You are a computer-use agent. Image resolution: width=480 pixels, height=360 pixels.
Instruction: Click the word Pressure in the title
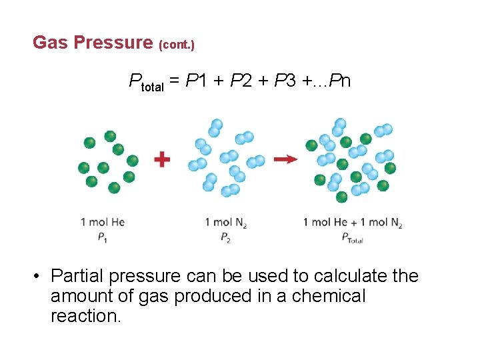(113, 43)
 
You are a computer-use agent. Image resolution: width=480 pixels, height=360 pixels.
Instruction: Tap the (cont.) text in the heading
(176, 45)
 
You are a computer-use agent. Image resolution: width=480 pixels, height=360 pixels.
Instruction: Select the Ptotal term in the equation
(146, 83)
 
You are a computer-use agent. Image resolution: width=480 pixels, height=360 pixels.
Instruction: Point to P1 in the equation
(195, 81)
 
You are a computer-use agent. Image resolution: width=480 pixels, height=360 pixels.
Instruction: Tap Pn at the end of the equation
(341, 81)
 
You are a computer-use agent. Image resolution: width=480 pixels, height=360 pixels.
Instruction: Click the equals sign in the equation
(174, 81)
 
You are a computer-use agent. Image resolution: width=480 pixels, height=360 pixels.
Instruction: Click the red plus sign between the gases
(162, 159)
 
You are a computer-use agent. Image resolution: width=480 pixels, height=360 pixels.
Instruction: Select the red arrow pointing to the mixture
(285, 159)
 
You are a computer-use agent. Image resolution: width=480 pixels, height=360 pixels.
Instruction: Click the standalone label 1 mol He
(103, 222)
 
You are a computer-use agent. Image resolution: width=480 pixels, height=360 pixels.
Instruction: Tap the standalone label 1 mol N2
(226, 223)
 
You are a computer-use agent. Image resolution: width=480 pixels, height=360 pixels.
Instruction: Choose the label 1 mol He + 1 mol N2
(353, 223)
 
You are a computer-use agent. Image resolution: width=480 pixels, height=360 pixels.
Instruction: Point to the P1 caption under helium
(103, 237)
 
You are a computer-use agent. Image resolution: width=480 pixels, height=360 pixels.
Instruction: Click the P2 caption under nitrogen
(226, 237)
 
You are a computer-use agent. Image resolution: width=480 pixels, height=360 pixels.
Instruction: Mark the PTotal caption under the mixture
(352, 237)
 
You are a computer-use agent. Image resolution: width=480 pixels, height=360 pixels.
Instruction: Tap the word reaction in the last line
(85, 316)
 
